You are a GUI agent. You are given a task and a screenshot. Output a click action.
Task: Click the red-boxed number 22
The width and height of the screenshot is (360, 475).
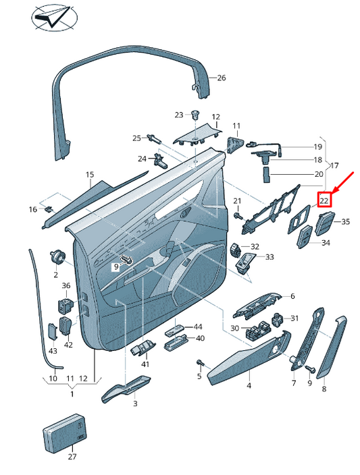coord(324,200)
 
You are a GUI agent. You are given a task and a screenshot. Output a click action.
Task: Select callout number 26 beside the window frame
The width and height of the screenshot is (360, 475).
coord(222,78)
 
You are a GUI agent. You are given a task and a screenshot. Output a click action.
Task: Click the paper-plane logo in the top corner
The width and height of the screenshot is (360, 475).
coord(54,17)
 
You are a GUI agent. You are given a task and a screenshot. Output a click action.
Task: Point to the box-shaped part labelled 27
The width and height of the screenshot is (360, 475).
coord(65,430)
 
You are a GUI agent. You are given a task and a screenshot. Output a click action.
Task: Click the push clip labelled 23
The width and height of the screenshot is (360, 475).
coord(196,115)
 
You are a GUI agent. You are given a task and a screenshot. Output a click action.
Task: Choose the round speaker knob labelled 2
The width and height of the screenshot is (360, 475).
coord(57,258)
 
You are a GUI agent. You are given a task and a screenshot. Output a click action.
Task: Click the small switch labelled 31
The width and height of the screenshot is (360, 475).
coord(278,319)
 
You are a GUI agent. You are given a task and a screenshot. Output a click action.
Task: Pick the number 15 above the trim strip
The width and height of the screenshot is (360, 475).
coord(90,175)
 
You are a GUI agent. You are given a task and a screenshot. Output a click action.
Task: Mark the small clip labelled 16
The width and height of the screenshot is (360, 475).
coord(49,209)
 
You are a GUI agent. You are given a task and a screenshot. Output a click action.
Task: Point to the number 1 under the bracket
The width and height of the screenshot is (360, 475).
coord(72,394)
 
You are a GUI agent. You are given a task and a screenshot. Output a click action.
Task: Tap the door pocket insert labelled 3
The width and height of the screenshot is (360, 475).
coord(126,389)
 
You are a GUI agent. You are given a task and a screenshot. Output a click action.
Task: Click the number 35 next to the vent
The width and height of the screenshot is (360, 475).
coord(345,222)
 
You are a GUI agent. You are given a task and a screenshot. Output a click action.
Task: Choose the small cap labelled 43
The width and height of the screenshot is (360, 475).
coord(53,331)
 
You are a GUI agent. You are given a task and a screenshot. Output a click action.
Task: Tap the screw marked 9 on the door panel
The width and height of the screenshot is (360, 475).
coord(128,259)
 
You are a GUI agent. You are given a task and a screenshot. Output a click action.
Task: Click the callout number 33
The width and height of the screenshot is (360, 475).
coord(269,257)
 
